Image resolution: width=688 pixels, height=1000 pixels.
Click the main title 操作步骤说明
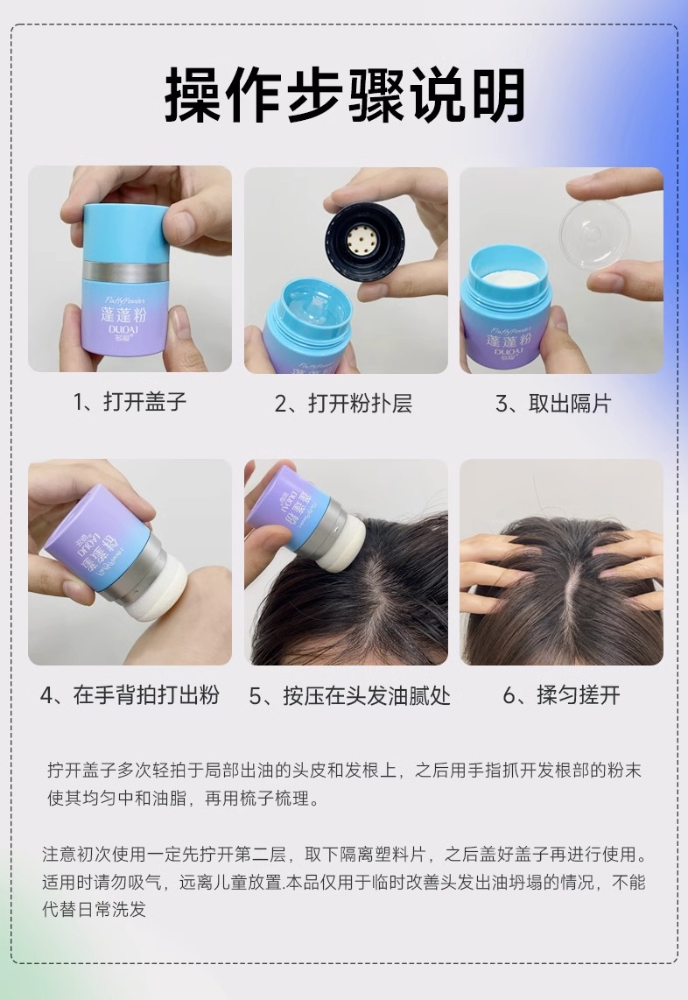344,95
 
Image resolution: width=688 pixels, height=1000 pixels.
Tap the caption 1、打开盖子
130,402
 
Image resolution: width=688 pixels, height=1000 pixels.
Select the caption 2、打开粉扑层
344,403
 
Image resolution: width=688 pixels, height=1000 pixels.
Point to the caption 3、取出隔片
553,403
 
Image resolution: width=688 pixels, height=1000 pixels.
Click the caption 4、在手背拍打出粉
130,694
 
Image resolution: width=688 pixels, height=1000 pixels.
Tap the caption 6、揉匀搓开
562,694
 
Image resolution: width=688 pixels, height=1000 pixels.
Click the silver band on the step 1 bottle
125,271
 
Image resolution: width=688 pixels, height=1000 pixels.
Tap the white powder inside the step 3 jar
509,279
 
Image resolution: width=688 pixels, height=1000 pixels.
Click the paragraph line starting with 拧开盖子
344,771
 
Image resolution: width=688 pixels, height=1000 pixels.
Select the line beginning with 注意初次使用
344,854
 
